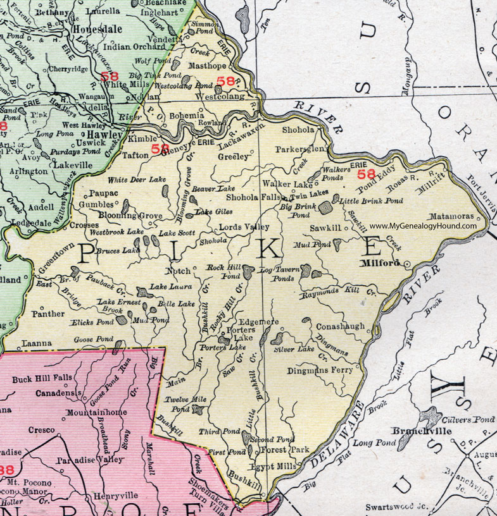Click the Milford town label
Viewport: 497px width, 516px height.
[381, 262]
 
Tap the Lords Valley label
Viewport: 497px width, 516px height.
[244, 226]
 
